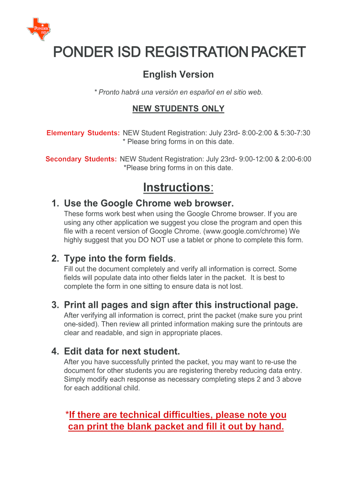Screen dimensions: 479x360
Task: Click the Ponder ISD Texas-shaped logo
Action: click(x=38, y=29)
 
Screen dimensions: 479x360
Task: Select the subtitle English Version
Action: click(x=178, y=74)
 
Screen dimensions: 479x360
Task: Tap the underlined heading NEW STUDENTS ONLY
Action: click(x=178, y=109)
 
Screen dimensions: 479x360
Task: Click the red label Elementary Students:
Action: click(x=83, y=133)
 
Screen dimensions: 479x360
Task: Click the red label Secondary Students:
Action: click(x=81, y=160)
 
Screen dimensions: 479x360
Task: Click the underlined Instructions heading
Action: click(x=178, y=188)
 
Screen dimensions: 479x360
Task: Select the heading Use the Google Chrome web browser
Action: click(x=148, y=203)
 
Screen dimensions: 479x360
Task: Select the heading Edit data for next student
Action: click(x=122, y=351)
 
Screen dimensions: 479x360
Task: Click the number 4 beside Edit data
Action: click(x=55, y=351)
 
